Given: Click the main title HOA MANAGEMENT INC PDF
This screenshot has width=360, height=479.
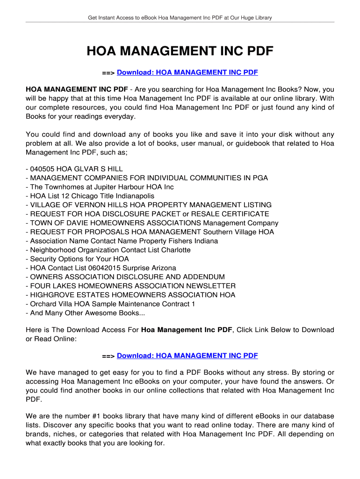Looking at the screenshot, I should (x=180, y=51).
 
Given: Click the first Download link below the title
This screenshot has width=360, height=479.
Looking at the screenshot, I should (x=187, y=73).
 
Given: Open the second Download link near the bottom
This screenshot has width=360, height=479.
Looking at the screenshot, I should (x=187, y=356).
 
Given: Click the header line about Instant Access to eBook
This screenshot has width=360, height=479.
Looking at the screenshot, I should (x=180, y=18).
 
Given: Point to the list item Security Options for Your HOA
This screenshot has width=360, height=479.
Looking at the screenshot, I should (x=79, y=259).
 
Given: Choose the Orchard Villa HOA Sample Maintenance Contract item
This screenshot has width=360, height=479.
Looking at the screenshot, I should (x=113, y=304).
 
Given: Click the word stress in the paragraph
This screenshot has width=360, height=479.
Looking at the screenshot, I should (x=277, y=373).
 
